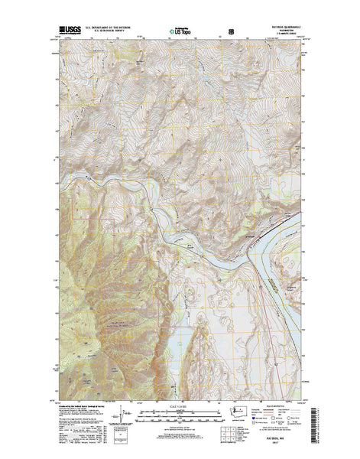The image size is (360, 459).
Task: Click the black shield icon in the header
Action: tap(231, 33)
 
